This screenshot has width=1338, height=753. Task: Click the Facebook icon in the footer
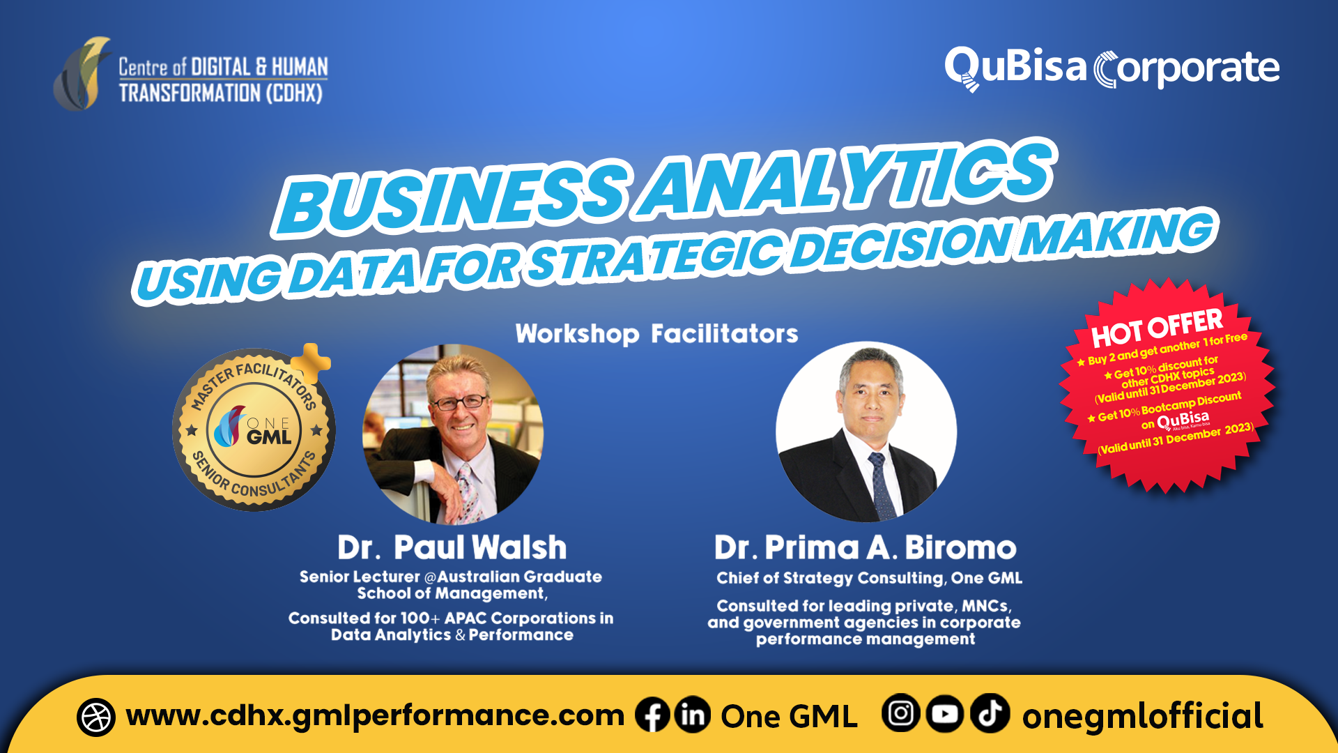click(652, 715)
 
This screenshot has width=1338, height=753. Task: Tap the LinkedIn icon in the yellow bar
click(692, 715)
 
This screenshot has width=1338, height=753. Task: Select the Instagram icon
click(900, 714)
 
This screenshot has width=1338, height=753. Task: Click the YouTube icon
click(945, 714)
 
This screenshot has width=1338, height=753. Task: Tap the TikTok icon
click(990, 714)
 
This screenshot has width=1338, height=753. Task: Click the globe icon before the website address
click(96, 717)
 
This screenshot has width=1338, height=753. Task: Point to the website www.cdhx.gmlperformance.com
click(375, 716)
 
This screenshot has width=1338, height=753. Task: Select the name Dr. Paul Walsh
click(452, 548)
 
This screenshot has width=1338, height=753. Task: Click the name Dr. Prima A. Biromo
click(866, 548)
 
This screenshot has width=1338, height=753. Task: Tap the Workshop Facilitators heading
click(656, 334)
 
